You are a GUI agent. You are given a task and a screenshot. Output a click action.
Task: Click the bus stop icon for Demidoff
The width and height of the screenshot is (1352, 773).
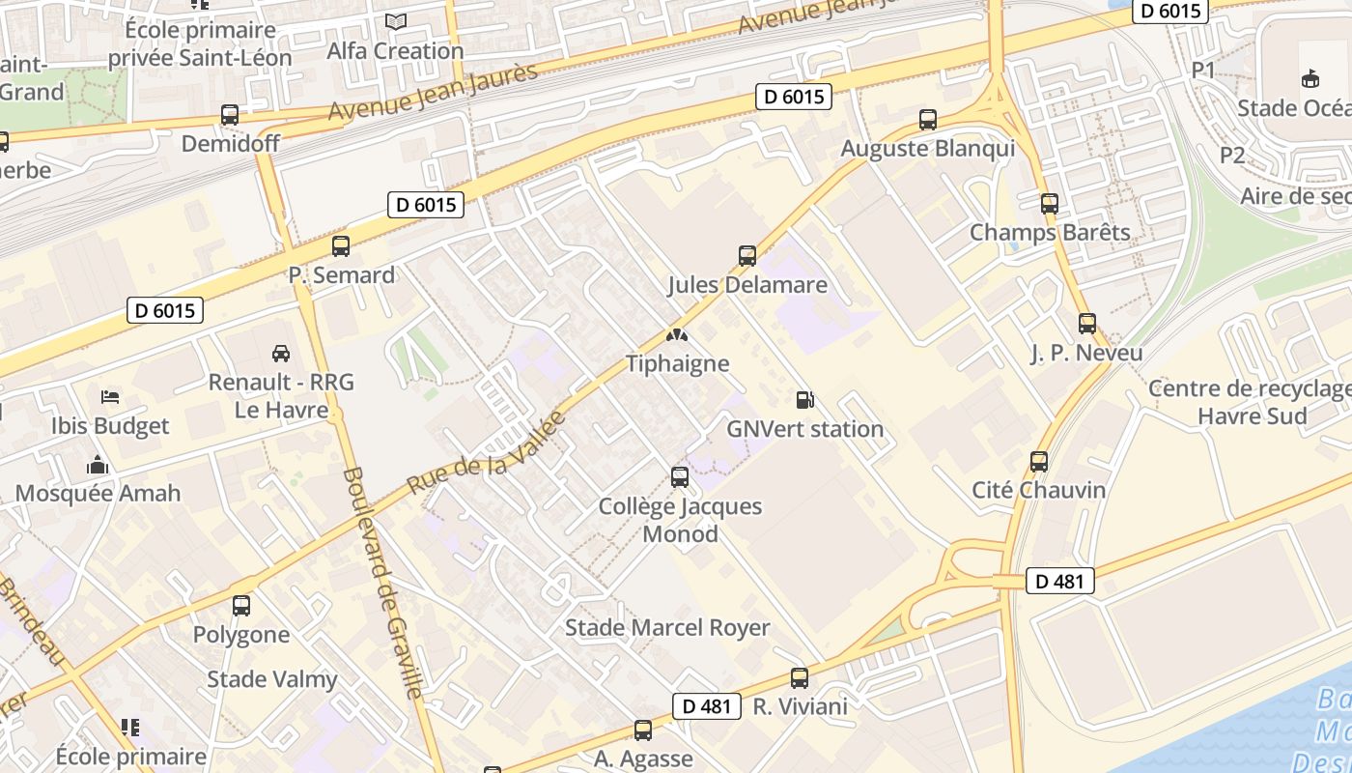click(x=230, y=115)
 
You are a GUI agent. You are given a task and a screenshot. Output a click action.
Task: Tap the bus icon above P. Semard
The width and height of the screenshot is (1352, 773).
click(x=341, y=246)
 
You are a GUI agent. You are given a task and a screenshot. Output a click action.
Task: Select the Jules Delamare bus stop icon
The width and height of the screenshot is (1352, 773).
click(x=747, y=256)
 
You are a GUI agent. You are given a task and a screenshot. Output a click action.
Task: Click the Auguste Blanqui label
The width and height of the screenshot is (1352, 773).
click(x=927, y=149)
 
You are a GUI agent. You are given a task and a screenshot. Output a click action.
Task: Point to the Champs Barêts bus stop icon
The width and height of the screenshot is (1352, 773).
click(x=1050, y=204)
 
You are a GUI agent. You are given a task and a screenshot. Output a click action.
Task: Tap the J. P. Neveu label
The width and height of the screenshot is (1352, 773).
click(x=1086, y=354)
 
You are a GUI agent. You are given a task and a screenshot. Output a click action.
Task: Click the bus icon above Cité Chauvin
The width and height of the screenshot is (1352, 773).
click(x=1039, y=462)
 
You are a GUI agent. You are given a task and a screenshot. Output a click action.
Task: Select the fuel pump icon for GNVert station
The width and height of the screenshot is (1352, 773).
click(x=804, y=400)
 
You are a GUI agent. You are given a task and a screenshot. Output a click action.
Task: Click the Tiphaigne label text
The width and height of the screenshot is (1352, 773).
click(x=677, y=364)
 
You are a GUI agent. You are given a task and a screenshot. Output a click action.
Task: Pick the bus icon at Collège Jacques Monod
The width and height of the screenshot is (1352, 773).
click(x=680, y=477)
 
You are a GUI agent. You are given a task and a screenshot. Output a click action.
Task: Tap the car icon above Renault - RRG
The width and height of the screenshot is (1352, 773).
click(x=281, y=354)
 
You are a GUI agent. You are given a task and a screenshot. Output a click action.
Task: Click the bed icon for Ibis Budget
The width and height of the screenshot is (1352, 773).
click(x=110, y=397)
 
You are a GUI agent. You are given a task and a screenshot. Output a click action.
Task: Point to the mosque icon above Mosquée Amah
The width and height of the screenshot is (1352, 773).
click(x=98, y=466)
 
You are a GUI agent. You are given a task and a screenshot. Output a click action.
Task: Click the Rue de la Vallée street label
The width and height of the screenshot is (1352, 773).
click(x=486, y=453)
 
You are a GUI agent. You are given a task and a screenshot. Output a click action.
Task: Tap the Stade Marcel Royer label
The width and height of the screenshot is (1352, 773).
click(x=667, y=628)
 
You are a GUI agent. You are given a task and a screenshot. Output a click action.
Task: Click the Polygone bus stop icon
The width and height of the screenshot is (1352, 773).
click(x=241, y=606)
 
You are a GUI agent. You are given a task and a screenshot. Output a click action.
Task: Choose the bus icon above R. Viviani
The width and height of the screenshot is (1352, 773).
click(x=800, y=678)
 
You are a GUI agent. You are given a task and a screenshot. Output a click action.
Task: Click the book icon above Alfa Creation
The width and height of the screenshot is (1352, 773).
click(x=396, y=21)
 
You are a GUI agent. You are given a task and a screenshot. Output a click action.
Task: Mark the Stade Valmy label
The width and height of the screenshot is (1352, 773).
click(x=272, y=679)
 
